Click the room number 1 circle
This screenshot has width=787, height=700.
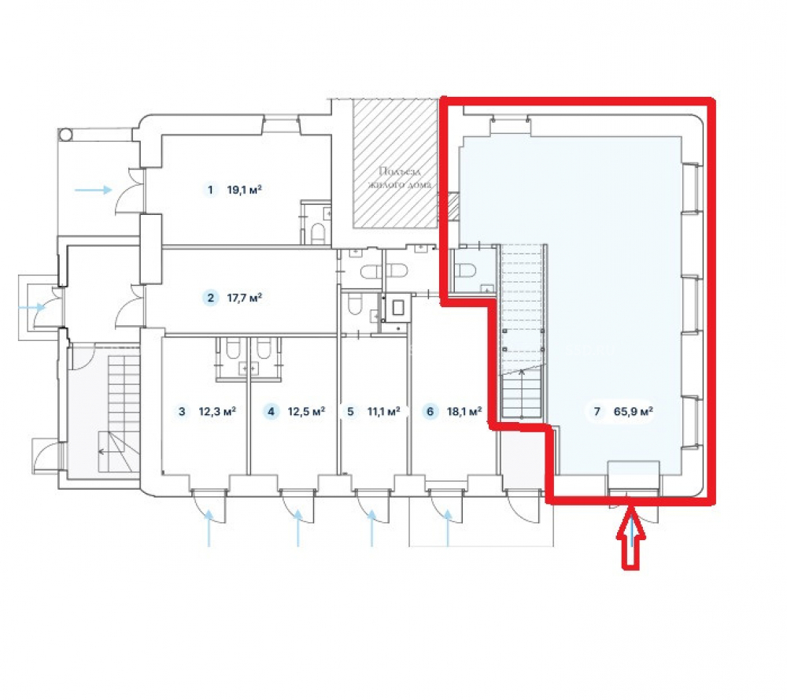click(210, 190)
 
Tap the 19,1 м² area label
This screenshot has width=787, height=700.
click(245, 190)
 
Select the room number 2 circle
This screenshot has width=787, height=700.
click(210, 298)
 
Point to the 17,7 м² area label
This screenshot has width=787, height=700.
click(245, 298)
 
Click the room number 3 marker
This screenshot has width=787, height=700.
click(182, 412)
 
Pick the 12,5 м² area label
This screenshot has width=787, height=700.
click(306, 412)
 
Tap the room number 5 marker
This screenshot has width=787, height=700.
click(350, 412)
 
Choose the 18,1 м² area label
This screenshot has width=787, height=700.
click(464, 412)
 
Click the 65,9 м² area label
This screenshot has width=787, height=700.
click(634, 412)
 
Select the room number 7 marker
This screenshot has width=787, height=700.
click(597, 412)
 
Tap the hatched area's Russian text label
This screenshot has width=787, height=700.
click(400, 178)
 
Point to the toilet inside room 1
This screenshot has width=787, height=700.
click(318, 233)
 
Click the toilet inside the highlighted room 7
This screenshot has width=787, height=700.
click(465, 270)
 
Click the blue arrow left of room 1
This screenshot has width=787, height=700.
click(94, 190)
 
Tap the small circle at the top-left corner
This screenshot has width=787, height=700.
click(65, 135)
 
